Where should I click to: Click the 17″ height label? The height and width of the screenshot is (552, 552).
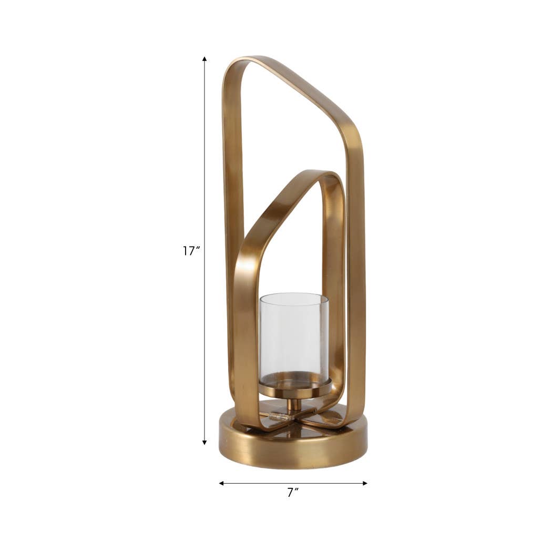click(x=191, y=251)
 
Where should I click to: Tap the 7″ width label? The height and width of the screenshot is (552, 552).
click(x=293, y=493)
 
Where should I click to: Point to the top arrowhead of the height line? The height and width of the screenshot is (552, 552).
click(x=205, y=58)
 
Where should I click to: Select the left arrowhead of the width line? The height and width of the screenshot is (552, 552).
click(x=221, y=483)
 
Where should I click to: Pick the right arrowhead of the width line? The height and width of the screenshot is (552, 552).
click(x=365, y=483)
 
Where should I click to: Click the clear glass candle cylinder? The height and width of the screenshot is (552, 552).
click(x=294, y=334)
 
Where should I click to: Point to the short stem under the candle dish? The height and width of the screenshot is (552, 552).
click(x=294, y=404)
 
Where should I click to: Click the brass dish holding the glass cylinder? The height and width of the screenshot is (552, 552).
click(x=294, y=390)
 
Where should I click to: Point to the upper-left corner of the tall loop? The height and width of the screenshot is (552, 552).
click(x=231, y=66)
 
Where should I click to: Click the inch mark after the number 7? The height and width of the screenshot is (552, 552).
click(x=297, y=490)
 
